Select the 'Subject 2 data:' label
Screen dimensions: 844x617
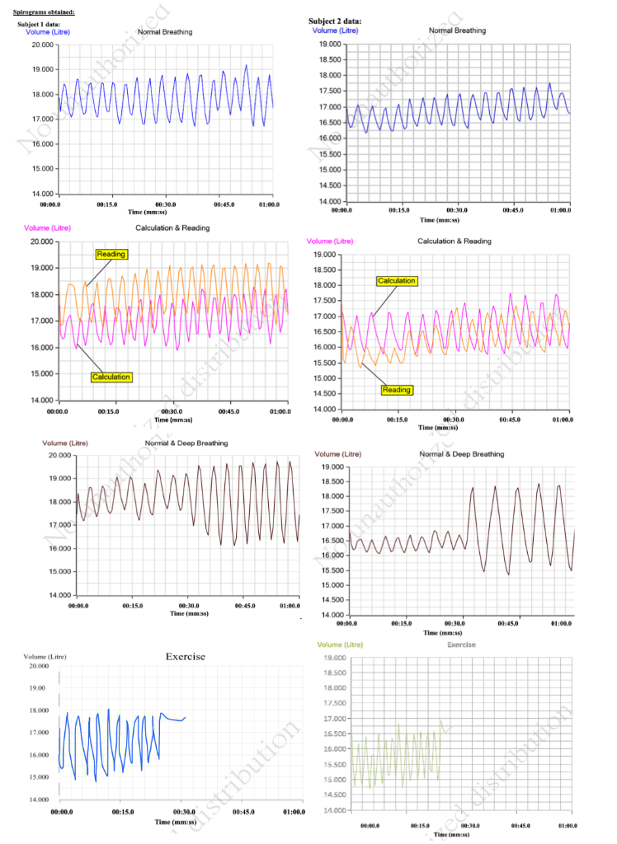[x=335, y=21]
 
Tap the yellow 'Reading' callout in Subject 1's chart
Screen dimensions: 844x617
[x=111, y=254]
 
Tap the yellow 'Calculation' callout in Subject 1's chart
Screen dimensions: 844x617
[x=111, y=377]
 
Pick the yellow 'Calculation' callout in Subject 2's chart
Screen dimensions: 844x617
[x=397, y=281]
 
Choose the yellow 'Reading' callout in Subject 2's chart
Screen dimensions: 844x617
[x=397, y=390]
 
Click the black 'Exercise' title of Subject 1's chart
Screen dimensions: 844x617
[x=185, y=657]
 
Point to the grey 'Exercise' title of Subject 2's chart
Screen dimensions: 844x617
[x=461, y=645]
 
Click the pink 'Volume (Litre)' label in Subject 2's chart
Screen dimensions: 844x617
[x=329, y=241]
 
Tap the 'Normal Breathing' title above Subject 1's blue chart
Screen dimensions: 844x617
[x=164, y=32]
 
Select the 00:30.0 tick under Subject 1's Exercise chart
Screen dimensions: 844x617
[x=184, y=813]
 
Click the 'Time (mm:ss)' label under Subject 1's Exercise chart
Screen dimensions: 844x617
[x=175, y=822]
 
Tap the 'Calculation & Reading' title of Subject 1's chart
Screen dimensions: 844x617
[x=172, y=228]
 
